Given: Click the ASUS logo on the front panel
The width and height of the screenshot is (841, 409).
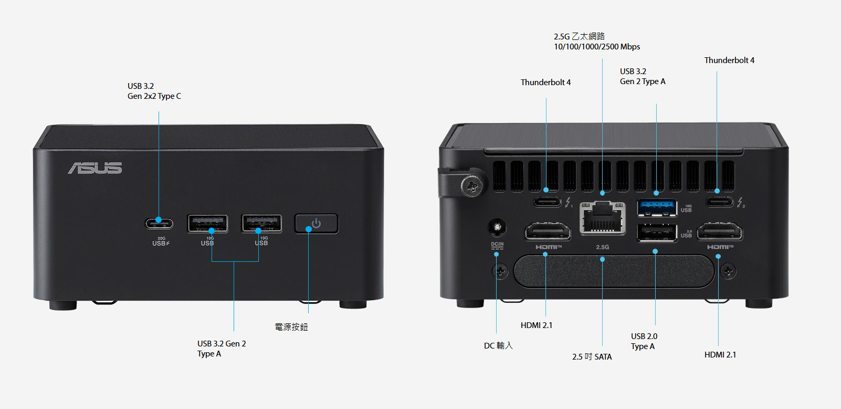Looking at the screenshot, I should coord(95,168).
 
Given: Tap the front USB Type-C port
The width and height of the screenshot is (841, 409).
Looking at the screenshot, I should coord(159,223).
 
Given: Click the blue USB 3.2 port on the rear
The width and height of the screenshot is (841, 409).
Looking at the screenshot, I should coord(656,207).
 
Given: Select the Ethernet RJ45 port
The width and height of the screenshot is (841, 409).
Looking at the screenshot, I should coord(603,218).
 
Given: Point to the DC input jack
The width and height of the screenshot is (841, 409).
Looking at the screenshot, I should coord(497,228).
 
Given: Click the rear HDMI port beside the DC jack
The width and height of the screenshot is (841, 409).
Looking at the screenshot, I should coord(548,232).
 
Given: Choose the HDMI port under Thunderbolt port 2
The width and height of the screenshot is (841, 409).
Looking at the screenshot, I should coord(720,231).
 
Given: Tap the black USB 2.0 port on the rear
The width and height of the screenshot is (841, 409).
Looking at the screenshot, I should coord(656,232).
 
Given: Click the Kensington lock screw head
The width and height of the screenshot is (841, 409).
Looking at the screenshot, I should coord(472,185).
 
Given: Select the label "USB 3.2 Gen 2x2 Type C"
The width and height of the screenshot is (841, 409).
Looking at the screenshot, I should coord(154,91).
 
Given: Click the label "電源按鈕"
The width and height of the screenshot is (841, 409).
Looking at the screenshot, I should coord(291,327).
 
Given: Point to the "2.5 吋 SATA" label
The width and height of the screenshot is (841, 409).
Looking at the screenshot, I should coord(592,357).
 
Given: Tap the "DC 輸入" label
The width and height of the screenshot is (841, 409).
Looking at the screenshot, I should coord(498,345).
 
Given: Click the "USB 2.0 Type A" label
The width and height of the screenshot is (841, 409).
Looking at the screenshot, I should coord(644,341).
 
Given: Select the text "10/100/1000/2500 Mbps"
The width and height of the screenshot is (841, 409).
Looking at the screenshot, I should coord(597,47).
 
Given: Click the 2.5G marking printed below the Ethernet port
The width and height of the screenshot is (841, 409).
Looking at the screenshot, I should coord(603,247).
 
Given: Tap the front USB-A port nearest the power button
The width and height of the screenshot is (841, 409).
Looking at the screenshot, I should coord(261,223).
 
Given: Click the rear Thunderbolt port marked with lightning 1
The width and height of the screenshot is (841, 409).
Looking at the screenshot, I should coord(548,201).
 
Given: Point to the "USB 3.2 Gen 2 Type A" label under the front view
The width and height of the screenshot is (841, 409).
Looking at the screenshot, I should coord(221,349).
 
